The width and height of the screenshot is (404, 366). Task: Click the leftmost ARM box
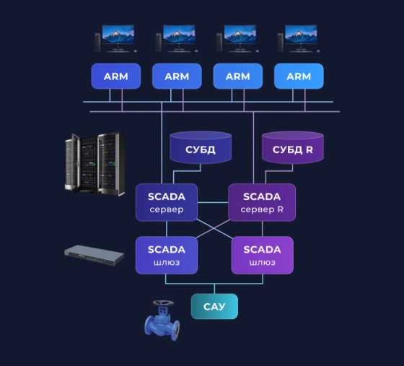(x=116, y=76)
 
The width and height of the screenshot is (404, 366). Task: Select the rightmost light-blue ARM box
(x=299, y=76)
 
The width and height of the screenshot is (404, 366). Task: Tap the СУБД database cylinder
(x=201, y=147)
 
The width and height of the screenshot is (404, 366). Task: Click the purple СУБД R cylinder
(x=293, y=147)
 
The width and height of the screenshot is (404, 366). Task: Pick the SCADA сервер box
(x=167, y=202)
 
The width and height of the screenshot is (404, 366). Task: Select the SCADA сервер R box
(x=262, y=202)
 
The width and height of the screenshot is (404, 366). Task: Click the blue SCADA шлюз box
(x=167, y=255)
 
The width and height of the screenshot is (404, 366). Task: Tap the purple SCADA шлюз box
(x=263, y=255)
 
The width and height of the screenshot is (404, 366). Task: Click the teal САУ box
(x=214, y=306)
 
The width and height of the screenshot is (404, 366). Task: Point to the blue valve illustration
(x=162, y=321)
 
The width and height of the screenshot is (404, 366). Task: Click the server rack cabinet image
(x=95, y=163)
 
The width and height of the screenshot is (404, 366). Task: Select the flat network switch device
(x=94, y=255)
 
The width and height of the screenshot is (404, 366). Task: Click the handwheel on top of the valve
(x=163, y=303)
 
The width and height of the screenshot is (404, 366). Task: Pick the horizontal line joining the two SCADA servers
(x=213, y=202)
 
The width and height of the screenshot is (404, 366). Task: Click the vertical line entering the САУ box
(x=214, y=289)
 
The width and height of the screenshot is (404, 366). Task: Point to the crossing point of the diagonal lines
(x=214, y=228)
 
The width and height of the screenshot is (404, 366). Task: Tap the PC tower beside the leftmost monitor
(x=97, y=43)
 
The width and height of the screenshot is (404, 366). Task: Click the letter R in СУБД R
(x=309, y=149)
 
